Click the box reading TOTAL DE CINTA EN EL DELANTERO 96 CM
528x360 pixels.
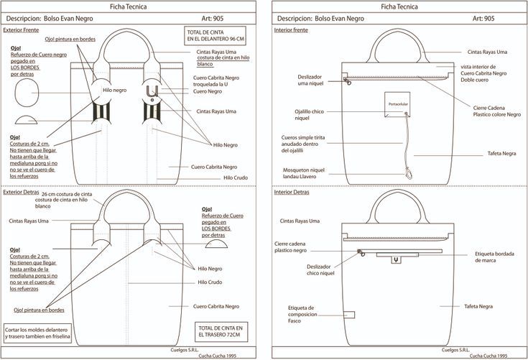215,36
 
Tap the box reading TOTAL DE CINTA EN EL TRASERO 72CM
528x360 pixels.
221,332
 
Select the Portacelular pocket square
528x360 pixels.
397,104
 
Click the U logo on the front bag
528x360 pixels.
152,91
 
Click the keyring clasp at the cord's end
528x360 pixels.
409,174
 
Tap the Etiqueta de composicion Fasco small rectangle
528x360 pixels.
349,315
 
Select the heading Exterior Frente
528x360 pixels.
21,30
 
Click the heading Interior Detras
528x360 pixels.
291,193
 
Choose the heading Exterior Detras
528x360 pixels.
21,193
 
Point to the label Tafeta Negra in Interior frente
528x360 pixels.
501,154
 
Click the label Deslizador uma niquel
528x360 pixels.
310,80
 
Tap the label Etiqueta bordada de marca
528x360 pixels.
494,257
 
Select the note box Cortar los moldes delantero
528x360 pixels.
37,333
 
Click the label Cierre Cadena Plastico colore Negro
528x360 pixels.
496,111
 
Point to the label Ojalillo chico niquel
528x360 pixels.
309,115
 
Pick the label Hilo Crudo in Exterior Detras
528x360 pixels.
210,282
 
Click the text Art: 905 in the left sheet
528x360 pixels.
212,19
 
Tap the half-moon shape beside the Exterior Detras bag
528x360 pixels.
216,244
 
